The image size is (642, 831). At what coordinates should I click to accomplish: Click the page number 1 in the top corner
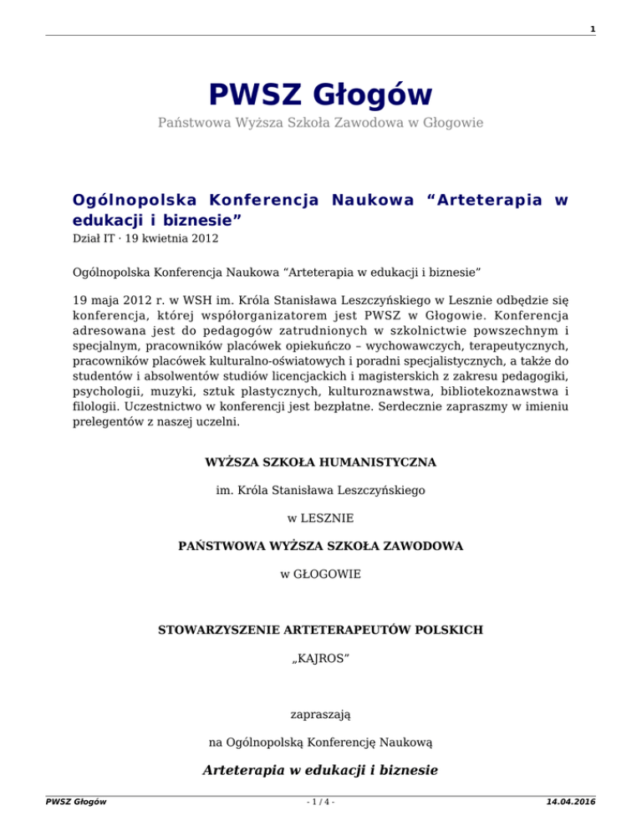(592, 30)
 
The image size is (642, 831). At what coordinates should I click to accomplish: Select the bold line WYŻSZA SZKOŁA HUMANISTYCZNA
(320, 461)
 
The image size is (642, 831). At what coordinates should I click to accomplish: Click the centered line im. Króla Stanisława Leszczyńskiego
(320, 490)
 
